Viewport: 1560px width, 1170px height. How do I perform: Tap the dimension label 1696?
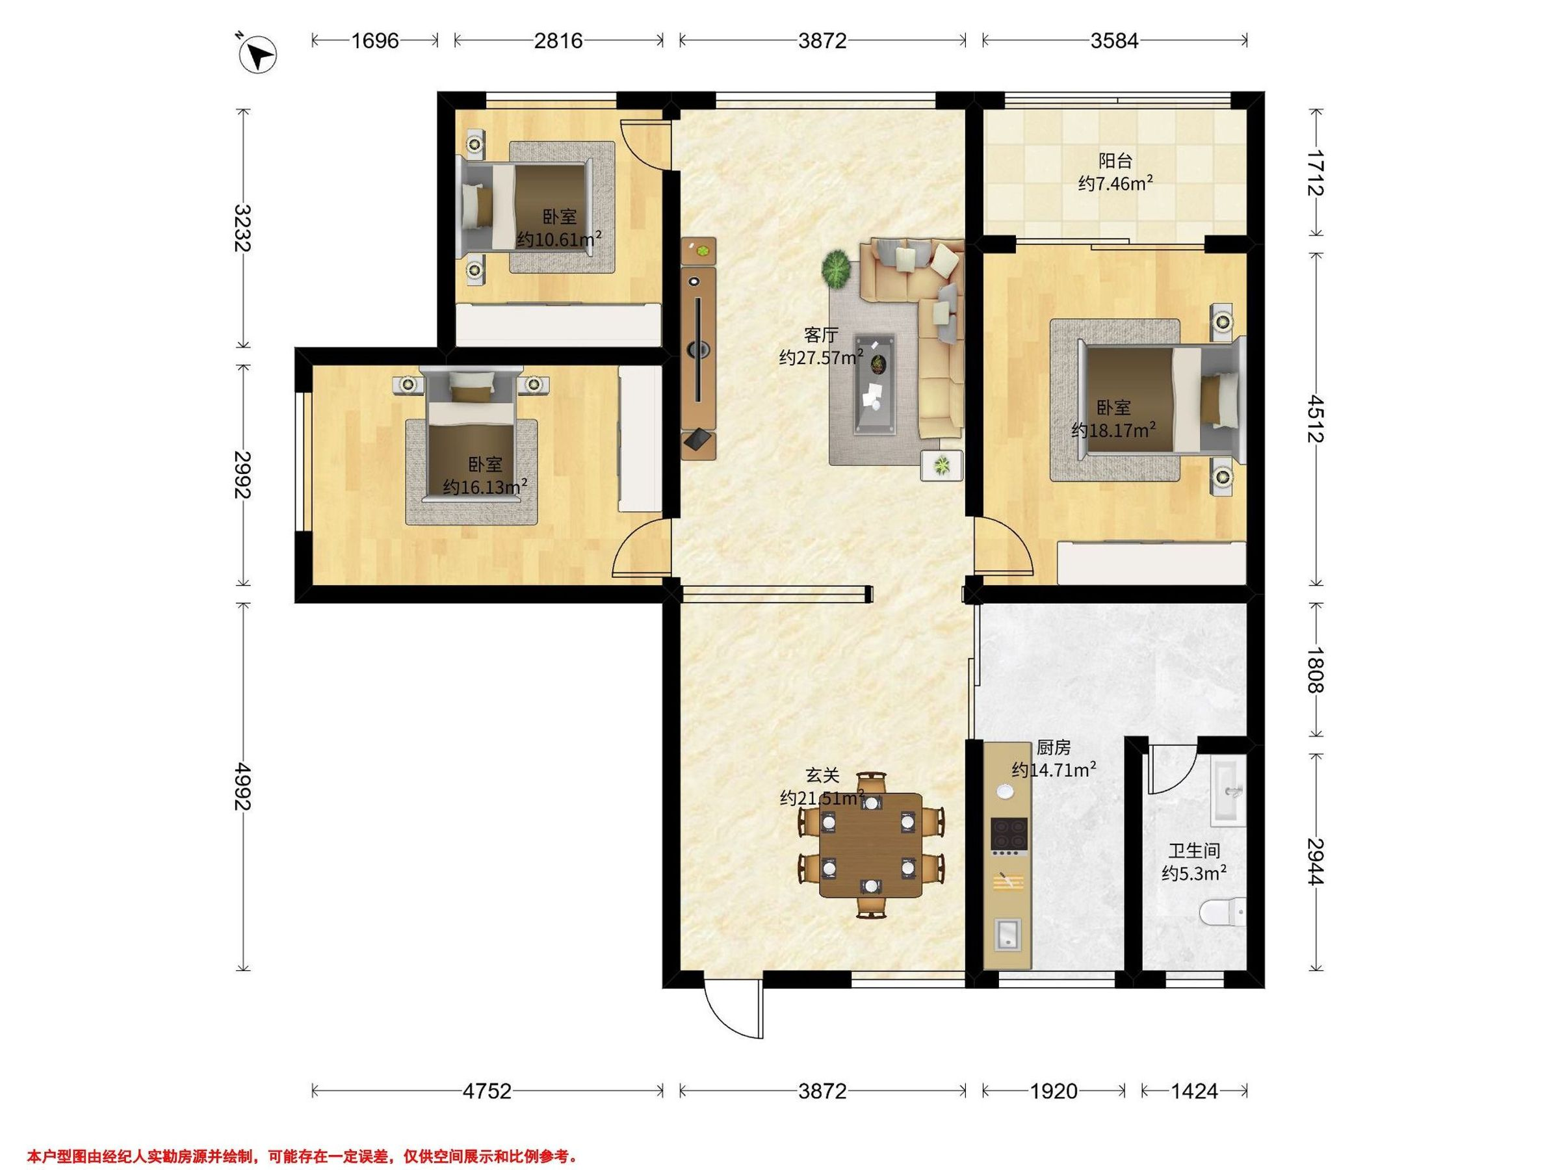click(375, 41)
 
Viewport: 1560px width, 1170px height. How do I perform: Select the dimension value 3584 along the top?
click(1114, 41)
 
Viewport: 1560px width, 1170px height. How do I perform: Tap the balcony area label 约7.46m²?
click(1115, 184)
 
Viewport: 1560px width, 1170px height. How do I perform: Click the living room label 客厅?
click(822, 334)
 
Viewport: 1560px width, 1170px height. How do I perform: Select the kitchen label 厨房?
click(1054, 747)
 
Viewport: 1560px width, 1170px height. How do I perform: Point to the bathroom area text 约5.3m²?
click(1194, 874)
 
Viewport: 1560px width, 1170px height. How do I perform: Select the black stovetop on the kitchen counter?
click(1009, 835)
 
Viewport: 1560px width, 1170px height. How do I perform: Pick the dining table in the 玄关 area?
click(871, 845)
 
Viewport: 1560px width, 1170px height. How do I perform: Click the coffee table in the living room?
click(875, 383)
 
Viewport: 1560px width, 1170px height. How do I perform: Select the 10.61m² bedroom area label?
click(559, 239)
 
